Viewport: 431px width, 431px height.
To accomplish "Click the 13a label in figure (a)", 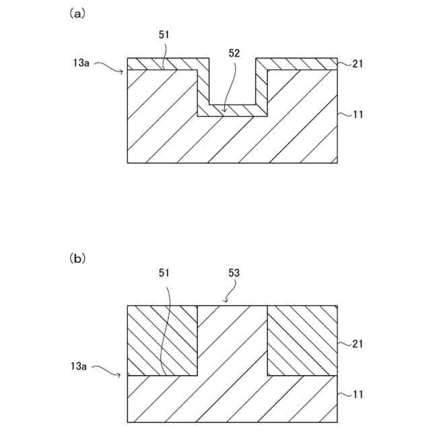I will (81, 63).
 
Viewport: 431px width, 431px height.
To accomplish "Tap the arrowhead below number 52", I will (224, 108).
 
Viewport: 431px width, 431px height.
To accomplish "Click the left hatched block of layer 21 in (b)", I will (162, 340).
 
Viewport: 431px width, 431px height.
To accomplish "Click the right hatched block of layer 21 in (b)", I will (302, 340).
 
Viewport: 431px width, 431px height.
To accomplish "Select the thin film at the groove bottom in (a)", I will (232, 110).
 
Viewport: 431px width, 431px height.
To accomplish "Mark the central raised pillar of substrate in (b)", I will (232, 343).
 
